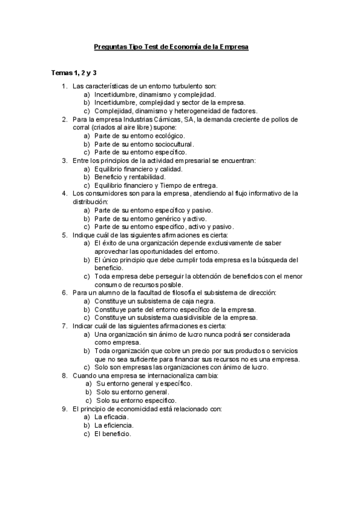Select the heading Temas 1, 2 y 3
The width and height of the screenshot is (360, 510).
pos(74,73)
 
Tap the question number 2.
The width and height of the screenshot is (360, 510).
pos(64,119)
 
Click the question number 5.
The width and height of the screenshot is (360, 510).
pos(64,235)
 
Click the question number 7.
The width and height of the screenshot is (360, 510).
pos(64,325)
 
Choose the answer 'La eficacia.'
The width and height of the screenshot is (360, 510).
pos(112,417)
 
